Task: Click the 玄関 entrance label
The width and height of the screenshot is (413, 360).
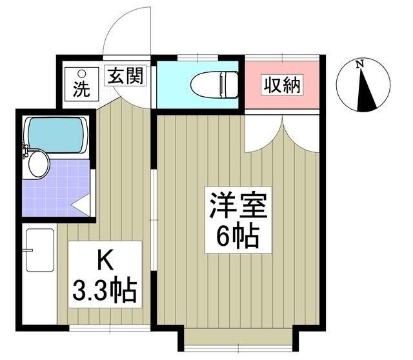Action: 125,76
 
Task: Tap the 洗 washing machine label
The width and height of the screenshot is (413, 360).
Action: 81,90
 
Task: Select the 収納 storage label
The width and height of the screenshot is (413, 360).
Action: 281,85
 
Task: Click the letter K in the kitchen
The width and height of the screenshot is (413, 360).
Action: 105,261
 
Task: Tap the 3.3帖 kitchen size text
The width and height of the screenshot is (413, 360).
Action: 105,292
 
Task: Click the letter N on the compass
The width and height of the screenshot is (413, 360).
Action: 362,63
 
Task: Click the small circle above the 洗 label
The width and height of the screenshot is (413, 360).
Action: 81,73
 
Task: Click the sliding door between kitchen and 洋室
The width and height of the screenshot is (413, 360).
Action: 153,219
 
